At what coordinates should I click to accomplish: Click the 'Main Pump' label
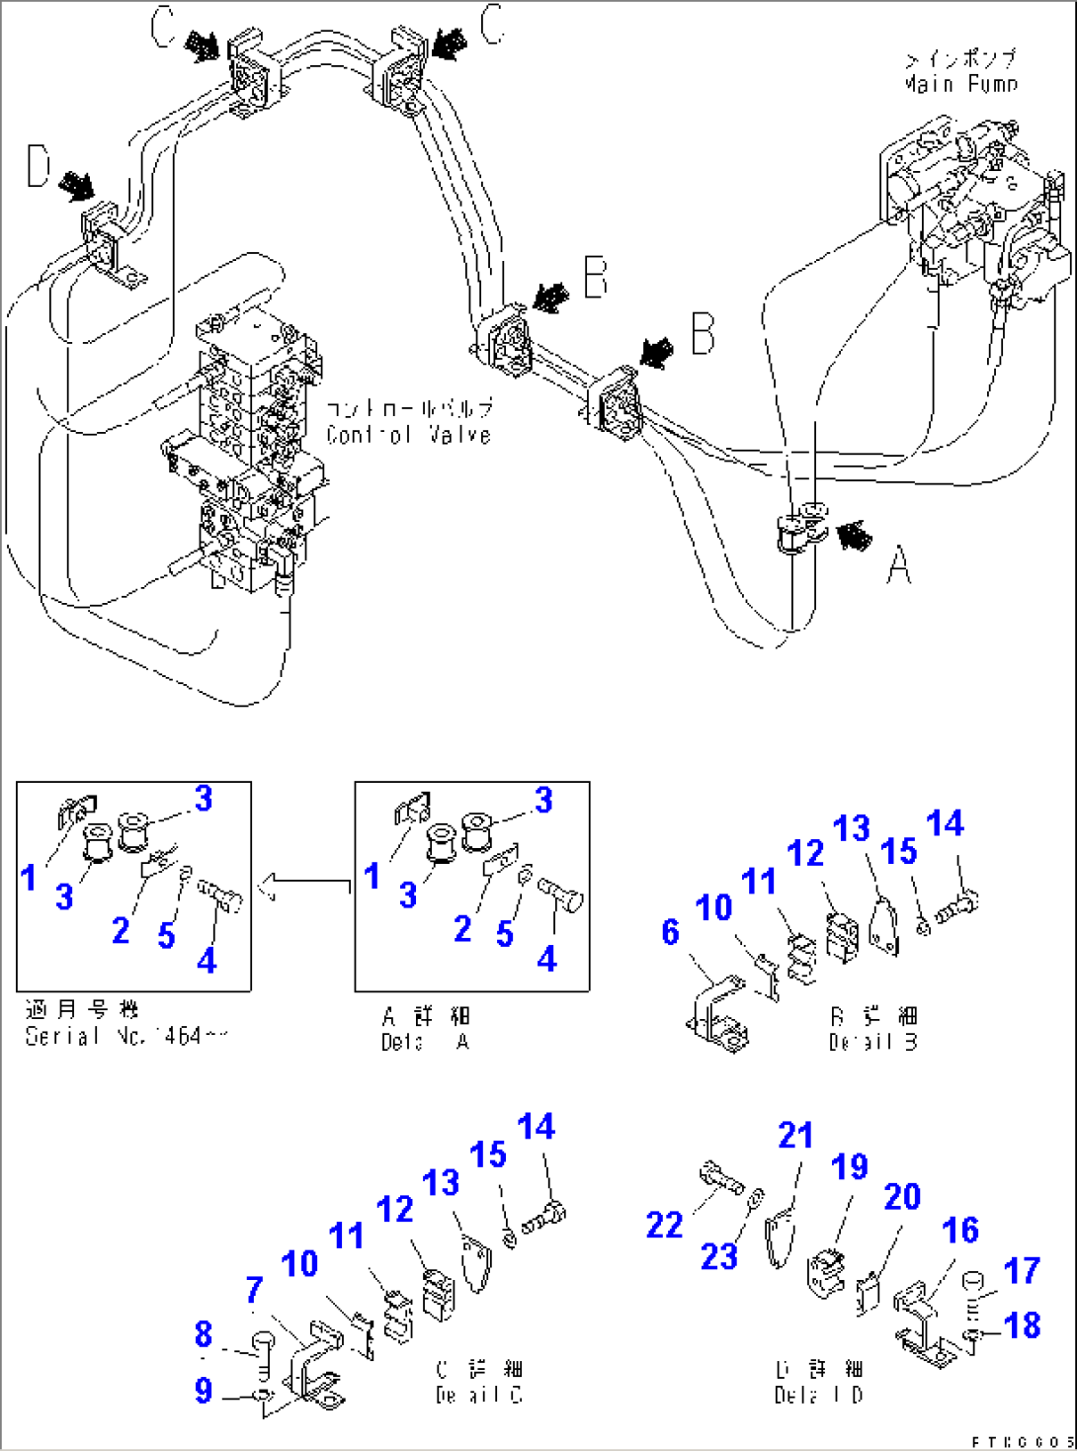959,84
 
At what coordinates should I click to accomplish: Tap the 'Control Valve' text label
408,434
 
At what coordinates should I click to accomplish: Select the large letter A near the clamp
898,566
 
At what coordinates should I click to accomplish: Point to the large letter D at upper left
39,166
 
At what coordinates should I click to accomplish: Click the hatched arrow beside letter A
854,536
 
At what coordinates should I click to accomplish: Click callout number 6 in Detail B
670,931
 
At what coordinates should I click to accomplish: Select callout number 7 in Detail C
254,1289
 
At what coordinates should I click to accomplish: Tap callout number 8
204,1334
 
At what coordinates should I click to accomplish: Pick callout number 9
204,1391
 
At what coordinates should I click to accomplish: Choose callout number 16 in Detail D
959,1231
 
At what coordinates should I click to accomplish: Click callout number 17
1022,1270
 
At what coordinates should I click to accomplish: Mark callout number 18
1022,1324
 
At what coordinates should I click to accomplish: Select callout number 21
795,1136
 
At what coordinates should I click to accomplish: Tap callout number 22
664,1226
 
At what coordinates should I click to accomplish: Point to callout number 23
719,1257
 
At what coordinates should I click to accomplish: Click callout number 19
849,1167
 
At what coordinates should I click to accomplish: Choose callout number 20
902,1197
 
